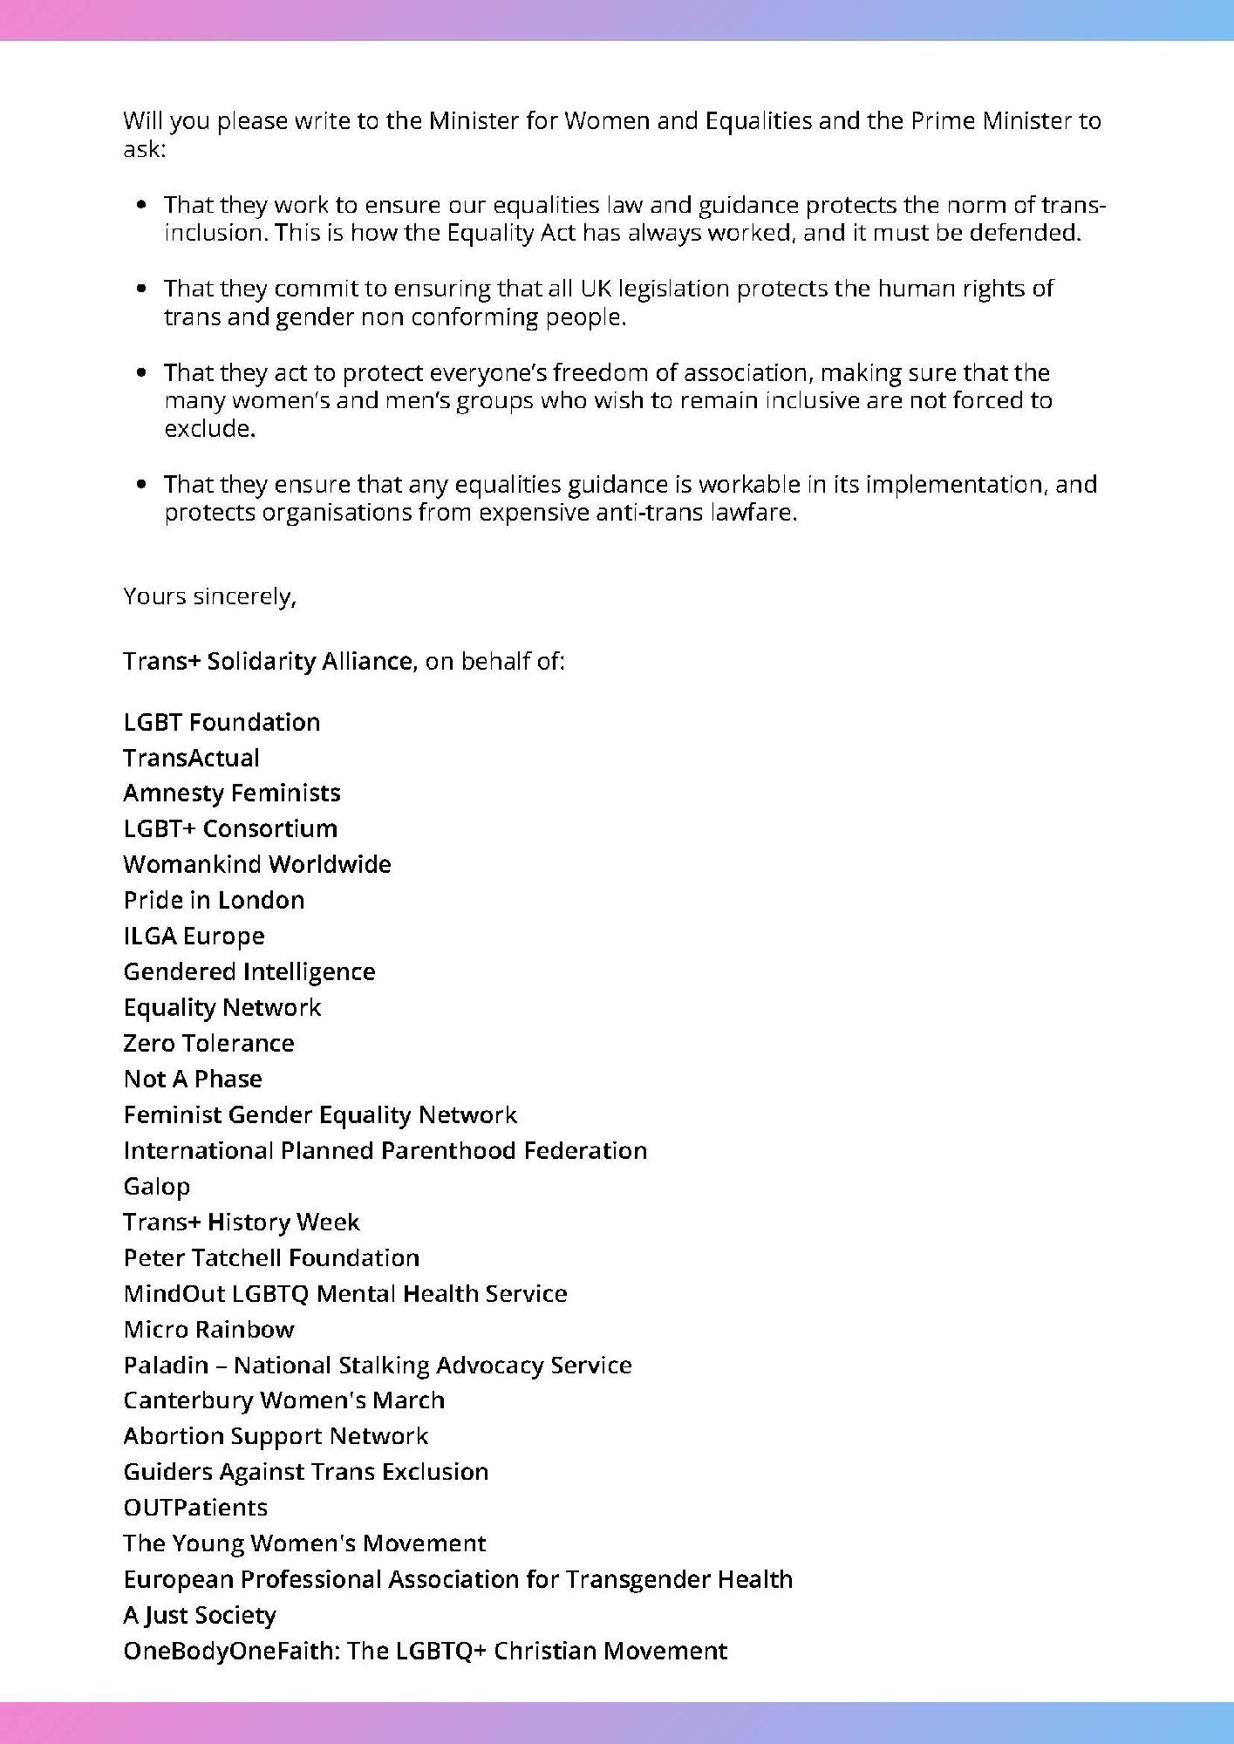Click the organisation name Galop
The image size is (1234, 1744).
coord(157,1187)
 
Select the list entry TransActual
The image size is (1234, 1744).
coord(191,758)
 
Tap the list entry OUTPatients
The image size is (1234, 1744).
coord(195,1508)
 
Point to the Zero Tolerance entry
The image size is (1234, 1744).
coord(208,1043)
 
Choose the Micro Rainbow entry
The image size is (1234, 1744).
coord(208,1329)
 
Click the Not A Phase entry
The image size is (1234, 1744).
coord(193,1079)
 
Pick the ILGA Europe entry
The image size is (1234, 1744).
coord(194,936)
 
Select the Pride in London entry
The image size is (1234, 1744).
coord(214,900)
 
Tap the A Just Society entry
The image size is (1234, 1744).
coord(200,1615)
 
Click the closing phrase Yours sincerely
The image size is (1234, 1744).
coord(209,596)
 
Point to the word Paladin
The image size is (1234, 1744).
coord(166,1365)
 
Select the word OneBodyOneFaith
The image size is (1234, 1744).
coord(231,1651)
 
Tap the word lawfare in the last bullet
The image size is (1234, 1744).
coord(761,513)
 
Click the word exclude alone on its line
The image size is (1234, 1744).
coord(209,429)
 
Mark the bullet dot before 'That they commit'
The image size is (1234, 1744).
coord(141,289)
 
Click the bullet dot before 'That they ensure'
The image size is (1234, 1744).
coord(141,485)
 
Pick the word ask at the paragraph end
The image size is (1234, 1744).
coord(142,149)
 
